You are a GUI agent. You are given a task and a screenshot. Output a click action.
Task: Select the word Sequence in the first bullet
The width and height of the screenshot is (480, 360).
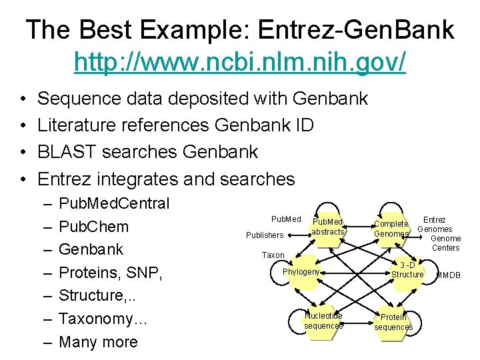[x=79, y=99]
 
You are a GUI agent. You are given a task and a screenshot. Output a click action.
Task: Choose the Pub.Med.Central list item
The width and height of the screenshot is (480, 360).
[x=114, y=203]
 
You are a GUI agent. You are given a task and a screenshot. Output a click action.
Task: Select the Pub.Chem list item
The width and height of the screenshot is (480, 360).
[x=93, y=226]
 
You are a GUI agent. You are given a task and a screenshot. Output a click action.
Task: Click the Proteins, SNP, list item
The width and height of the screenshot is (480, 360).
[x=111, y=273]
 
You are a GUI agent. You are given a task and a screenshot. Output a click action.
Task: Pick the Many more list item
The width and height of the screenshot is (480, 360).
[x=98, y=342]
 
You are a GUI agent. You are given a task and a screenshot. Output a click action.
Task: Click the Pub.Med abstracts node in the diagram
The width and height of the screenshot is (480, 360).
[x=327, y=227]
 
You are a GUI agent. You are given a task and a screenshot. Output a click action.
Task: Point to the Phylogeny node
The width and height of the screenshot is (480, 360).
[x=301, y=272]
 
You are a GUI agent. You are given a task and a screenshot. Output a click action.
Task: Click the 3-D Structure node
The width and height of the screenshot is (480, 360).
[x=407, y=270]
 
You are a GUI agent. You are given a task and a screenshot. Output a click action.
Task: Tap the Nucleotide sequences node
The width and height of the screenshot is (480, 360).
[x=323, y=321]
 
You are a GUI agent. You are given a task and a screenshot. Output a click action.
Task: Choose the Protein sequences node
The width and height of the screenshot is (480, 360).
[x=393, y=323]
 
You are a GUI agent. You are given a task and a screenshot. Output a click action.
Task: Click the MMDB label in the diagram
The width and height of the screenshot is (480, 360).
[x=448, y=275]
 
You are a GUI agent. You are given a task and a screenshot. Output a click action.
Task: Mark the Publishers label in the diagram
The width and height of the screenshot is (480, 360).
[x=265, y=235]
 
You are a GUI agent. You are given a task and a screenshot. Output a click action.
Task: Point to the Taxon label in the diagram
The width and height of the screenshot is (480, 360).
[x=273, y=255]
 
